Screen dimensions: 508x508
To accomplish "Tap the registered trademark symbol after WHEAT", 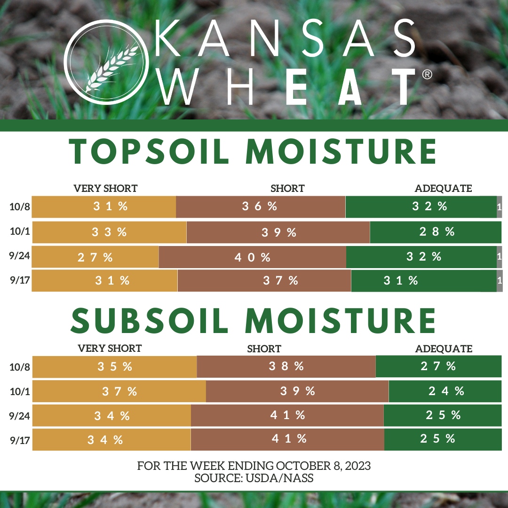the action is [427, 74].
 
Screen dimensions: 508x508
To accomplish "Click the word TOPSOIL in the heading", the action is [149, 151].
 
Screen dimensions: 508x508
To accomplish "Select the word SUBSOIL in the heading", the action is [150, 320].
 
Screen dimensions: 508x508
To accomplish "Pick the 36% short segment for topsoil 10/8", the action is [261, 206].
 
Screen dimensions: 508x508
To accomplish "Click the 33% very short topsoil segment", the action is [110, 232].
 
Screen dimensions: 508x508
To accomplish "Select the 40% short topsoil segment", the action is [253, 257].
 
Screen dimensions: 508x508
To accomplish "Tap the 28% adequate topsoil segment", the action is [436, 232].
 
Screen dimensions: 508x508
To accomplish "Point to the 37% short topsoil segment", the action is [264, 280].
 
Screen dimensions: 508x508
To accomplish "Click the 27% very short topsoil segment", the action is [95, 257].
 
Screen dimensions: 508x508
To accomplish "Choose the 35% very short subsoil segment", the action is [115, 367].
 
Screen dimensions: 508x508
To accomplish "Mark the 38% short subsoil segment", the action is [286, 366].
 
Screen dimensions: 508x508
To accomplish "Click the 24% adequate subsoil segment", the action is [445, 391].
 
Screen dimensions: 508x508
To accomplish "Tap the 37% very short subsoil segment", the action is [119, 391].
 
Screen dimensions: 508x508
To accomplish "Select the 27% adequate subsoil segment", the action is [439, 366].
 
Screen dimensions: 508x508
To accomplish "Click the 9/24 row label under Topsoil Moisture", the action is [19, 256].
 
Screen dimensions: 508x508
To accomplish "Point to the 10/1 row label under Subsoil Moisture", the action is [20, 392].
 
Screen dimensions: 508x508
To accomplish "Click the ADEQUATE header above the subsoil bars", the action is [444, 349].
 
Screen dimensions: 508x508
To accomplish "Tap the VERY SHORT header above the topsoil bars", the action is [106, 188].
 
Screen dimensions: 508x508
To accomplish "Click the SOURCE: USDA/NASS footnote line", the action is [254, 478].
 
